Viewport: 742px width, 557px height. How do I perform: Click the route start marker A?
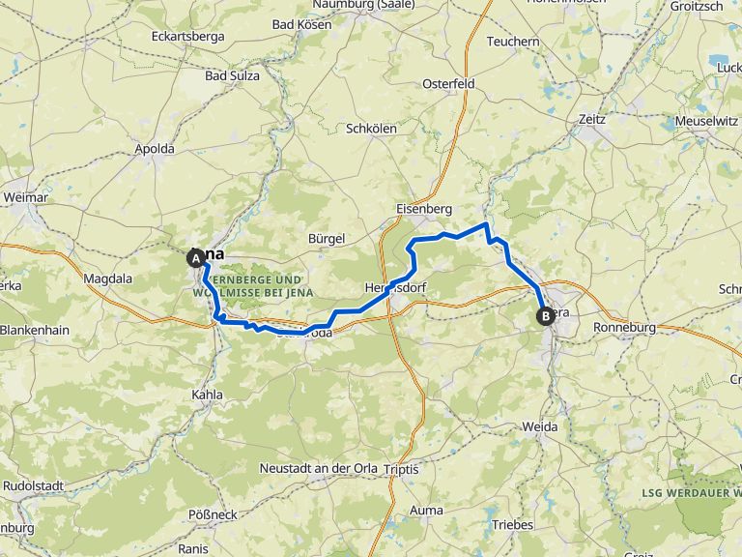pyautogui.click(x=196, y=258)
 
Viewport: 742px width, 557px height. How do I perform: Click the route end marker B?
pyautogui.click(x=546, y=315)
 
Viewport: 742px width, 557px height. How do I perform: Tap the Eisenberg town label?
pyautogui.click(x=423, y=208)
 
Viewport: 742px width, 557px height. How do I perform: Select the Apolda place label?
pyautogui.click(x=155, y=149)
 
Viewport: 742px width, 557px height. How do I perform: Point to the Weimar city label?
pyautogui.click(x=26, y=197)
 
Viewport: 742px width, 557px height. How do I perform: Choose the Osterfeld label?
pyautogui.click(x=449, y=84)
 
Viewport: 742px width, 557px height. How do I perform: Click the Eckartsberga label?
pyautogui.click(x=188, y=37)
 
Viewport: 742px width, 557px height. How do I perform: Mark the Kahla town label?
pyautogui.click(x=208, y=395)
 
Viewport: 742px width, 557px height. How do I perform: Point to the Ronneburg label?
pyautogui.click(x=624, y=328)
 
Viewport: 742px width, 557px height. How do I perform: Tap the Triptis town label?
pyautogui.click(x=401, y=469)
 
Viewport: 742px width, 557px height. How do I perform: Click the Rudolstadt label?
pyautogui.click(x=34, y=485)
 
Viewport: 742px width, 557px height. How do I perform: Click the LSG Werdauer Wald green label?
pyautogui.click(x=690, y=493)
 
